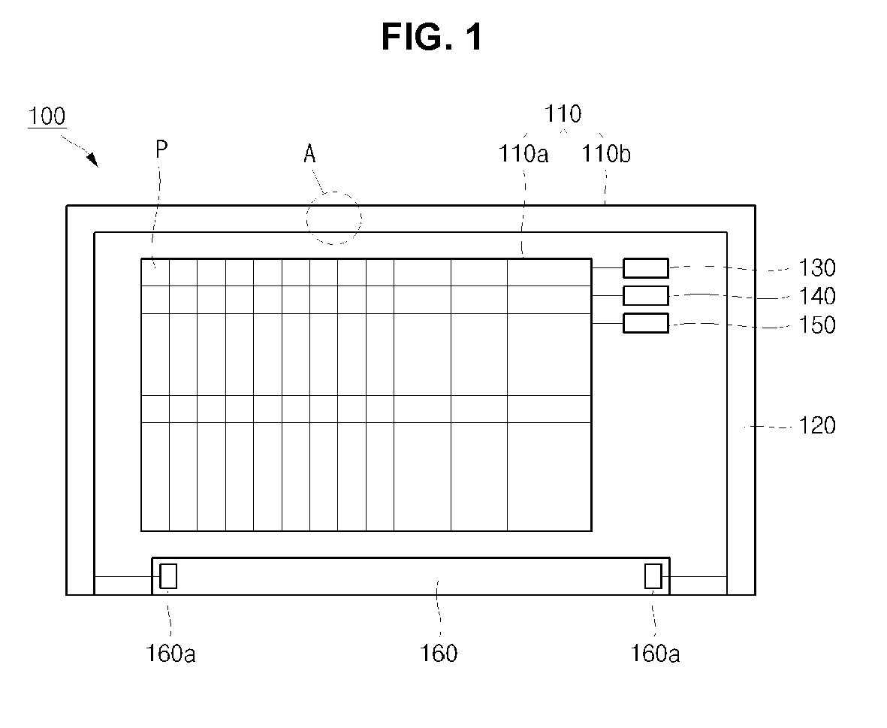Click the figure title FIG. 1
[432, 37]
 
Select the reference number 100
[47, 116]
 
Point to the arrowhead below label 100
[92, 159]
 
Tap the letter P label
[161, 150]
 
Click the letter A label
[309, 155]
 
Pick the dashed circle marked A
[333, 219]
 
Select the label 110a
[523, 154]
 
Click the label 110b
[606, 154]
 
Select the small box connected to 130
[645, 267]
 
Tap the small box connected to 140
[645, 295]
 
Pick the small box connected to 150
[645, 323]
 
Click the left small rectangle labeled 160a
[168, 575]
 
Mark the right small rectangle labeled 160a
[653, 575]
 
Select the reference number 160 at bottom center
[439, 654]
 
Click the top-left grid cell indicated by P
[155, 272]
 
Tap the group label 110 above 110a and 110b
[563, 114]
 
